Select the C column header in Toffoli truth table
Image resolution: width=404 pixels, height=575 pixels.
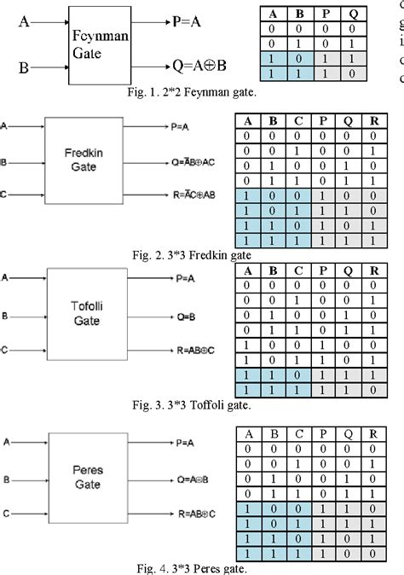297,273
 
